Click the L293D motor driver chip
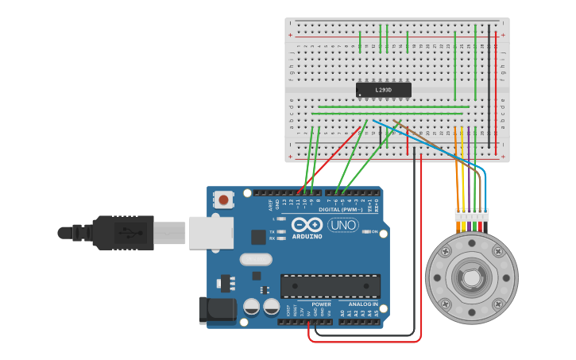pos(383,90)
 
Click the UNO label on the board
pos(343,226)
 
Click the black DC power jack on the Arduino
pos(217,309)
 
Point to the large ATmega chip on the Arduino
pos(330,286)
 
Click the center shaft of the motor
pos(471,279)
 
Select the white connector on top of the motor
pos(471,215)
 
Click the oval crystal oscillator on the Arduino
pos(255,259)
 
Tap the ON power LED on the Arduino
pos(366,231)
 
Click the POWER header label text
pos(321,304)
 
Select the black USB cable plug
pos(119,232)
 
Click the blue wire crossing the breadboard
pos(429,142)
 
